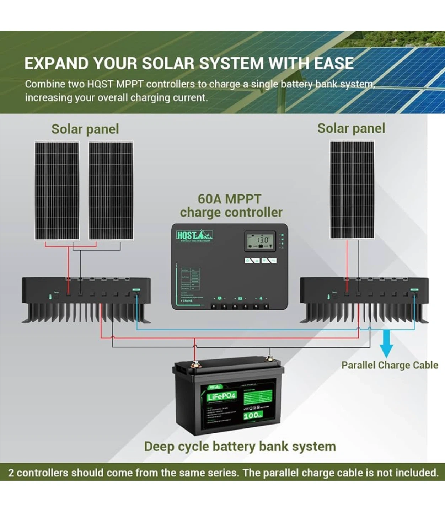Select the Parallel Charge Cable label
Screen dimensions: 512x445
tap(390, 365)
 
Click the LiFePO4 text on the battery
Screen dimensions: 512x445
tap(221, 396)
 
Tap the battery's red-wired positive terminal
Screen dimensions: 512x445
tap(194, 364)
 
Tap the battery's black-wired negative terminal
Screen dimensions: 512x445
tap(270, 359)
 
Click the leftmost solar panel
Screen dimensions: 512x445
tap(57, 191)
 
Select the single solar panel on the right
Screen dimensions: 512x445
tap(352, 190)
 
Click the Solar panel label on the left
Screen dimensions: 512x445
tap(85, 129)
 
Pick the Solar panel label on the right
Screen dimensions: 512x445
tap(351, 128)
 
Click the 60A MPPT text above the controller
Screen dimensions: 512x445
tap(229, 199)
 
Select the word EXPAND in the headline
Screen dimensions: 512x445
tap(56, 64)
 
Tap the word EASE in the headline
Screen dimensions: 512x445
tap(334, 64)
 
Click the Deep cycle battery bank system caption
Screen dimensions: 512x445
tap(240, 447)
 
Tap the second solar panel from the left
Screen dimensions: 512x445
tap(111, 191)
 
